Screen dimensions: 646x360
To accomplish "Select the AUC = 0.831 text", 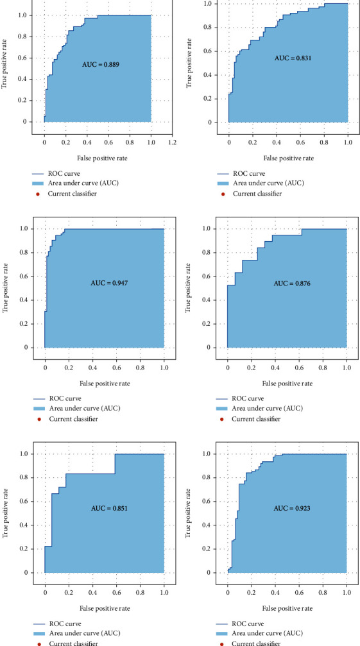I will click(x=291, y=58).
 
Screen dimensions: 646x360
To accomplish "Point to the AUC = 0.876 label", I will click(x=291, y=283).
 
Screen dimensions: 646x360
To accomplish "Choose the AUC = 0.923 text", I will click(x=291, y=508).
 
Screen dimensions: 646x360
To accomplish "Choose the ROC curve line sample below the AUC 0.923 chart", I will click(x=222, y=622).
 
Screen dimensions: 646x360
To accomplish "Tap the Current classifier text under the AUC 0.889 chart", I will click(x=67, y=193).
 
